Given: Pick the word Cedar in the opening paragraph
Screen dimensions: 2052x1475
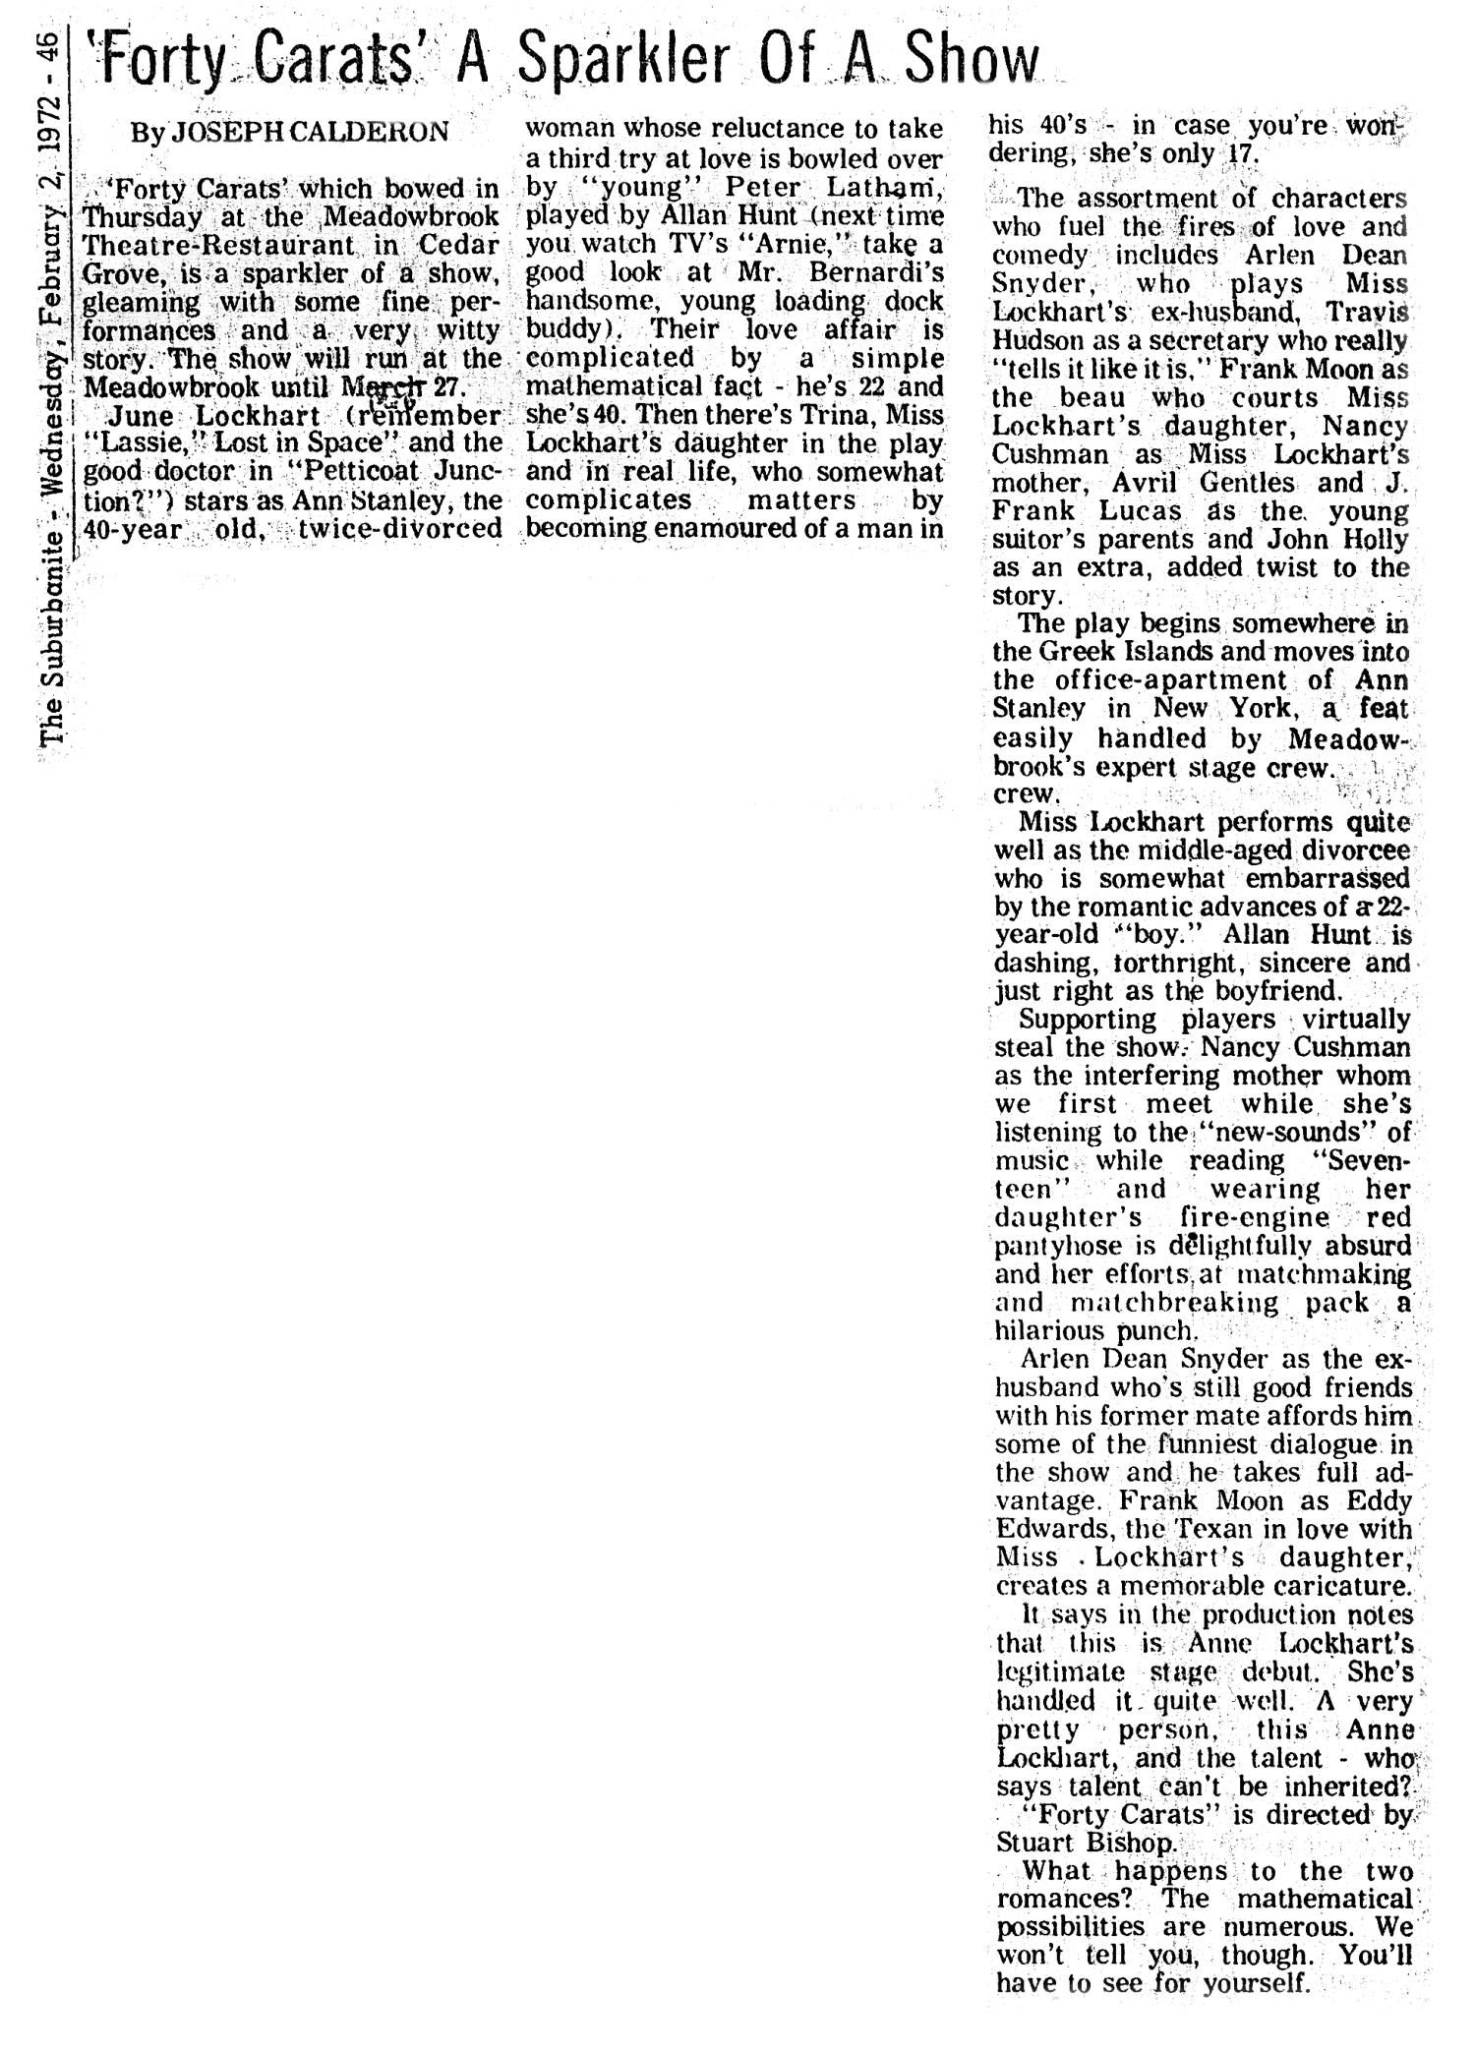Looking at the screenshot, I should [463, 244].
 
